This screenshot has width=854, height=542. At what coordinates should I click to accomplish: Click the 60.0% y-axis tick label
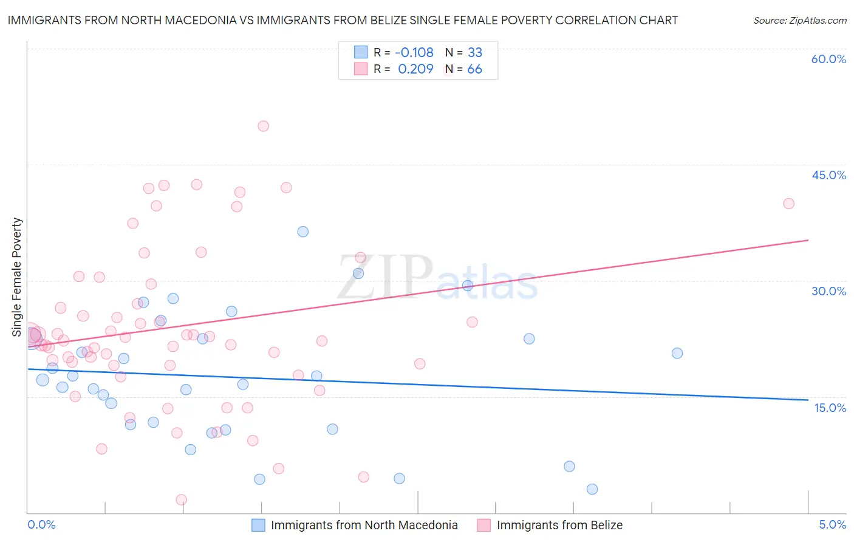coord(828,59)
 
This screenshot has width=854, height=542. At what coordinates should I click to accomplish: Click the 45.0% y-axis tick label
coord(828,175)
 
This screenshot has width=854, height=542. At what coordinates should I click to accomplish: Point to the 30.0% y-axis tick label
coord(828,291)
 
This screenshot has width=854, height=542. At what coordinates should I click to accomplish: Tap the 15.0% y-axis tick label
coord(830,408)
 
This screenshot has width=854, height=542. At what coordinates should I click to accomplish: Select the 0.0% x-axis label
coord(41,524)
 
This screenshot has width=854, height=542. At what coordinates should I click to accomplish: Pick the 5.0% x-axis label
coord(832,524)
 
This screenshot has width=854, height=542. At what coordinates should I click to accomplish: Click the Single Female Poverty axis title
coord(17,277)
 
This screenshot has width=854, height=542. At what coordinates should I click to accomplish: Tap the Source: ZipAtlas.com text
coord(799,21)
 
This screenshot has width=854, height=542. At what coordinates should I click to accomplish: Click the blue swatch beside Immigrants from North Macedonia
coord(258,525)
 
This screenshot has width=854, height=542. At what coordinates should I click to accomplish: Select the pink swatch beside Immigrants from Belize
coord(483,525)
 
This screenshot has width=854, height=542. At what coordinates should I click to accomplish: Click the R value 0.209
coord(415,69)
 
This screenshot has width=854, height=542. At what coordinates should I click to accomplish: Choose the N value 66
coord(474,69)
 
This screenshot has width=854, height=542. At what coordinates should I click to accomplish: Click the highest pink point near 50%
coord(263,126)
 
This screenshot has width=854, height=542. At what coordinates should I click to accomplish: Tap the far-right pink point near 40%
coord(788,204)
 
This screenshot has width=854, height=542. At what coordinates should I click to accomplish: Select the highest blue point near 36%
coord(302,232)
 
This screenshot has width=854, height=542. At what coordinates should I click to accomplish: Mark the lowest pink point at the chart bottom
coord(181,500)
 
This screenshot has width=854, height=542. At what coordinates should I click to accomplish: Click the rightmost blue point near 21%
coord(677,353)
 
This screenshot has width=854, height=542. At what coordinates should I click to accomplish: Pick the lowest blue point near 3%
coord(592,489)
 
